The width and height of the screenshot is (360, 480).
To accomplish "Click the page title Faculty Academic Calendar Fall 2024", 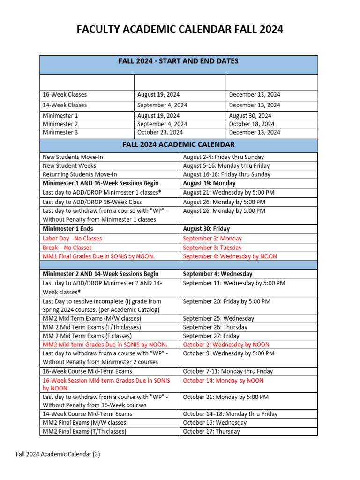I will [x=180, y=30].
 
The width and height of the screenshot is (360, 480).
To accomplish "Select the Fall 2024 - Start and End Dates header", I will [x=179, y=61].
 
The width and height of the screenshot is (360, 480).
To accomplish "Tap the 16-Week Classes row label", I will [x=65, y=95].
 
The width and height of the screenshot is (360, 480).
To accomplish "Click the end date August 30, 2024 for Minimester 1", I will [x=250, y=116].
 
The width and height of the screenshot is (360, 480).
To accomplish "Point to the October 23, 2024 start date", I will [x=160, y=133].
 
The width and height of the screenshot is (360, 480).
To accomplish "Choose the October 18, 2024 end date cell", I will [x=252, y=124].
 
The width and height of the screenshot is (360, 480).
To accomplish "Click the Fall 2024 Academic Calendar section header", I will [x=179, y=145].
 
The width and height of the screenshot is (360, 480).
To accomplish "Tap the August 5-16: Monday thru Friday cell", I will [x=226, y=165].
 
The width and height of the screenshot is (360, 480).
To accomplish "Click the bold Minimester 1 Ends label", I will [x=67, y=229].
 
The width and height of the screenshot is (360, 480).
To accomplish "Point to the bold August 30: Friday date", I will [x=206, y=229].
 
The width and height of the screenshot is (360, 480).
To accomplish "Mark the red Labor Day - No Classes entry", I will [x=72, y=239].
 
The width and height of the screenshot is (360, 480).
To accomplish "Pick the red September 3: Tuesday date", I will [x=212, y=247].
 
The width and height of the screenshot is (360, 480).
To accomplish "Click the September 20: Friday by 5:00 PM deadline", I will [x=226, y=301].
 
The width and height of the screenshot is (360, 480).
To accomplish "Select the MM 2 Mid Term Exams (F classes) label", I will [x=87, y=336].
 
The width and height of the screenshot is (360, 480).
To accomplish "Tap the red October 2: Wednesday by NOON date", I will [x=226, y=345].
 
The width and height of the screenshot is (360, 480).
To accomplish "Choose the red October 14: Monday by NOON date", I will [x=223, y=381].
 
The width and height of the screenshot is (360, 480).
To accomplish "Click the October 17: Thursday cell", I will [x=211, y=431].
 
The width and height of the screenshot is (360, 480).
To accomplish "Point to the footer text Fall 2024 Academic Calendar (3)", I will [x=58, y=454].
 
